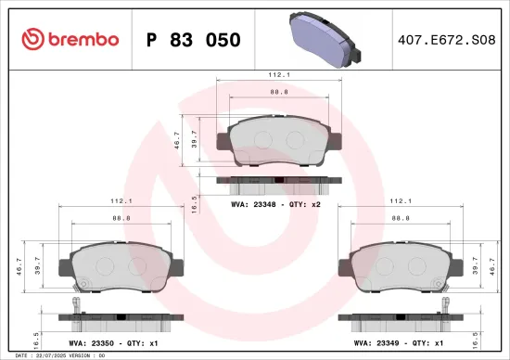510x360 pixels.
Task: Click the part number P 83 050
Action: [194, 40]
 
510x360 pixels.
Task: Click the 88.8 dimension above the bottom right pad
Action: [400, 217]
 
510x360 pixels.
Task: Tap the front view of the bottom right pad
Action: [400, 268]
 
